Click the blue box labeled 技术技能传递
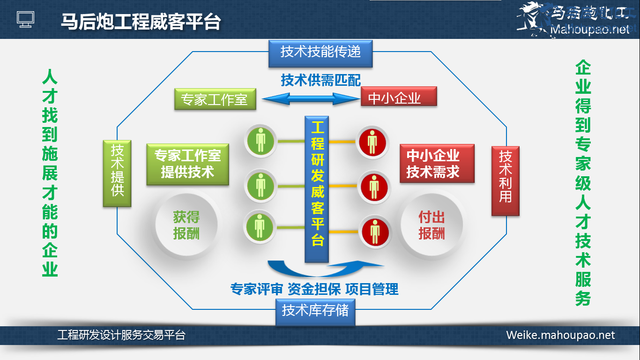coord(320,52)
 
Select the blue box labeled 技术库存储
coord(315,310)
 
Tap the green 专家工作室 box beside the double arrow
coord(215,99)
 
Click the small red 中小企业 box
coord(399,97)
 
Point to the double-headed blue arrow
coord(310,98)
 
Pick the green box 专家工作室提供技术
coord(187,164)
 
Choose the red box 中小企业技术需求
coord(437,163)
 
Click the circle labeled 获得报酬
coord(186,225)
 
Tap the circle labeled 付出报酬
coord(432,225)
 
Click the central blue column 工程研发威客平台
coord(317,188)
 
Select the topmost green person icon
coord(260,140)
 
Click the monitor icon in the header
coord(26,19)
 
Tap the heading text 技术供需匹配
coord(320,80)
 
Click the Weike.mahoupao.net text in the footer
coord(560,336)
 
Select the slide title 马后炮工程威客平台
coord(141,21)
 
